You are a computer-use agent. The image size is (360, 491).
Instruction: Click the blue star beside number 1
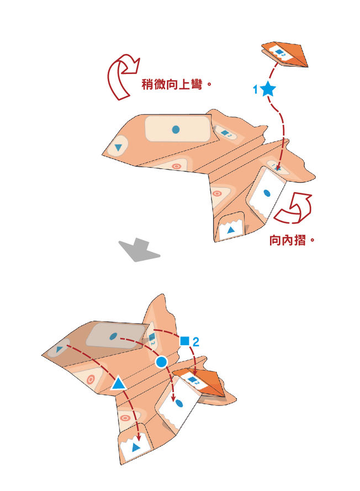point(268,88)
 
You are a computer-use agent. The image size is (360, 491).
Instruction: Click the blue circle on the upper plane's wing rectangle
point(176,130)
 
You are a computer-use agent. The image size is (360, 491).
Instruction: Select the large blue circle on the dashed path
point(161,362)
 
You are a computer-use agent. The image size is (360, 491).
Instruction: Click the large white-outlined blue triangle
point(118,383)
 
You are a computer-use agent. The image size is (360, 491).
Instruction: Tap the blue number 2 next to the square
point(195,342)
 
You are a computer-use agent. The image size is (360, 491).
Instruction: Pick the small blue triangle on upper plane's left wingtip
point(118,147)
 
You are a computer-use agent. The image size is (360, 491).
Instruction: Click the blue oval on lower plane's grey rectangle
point(113,335)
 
